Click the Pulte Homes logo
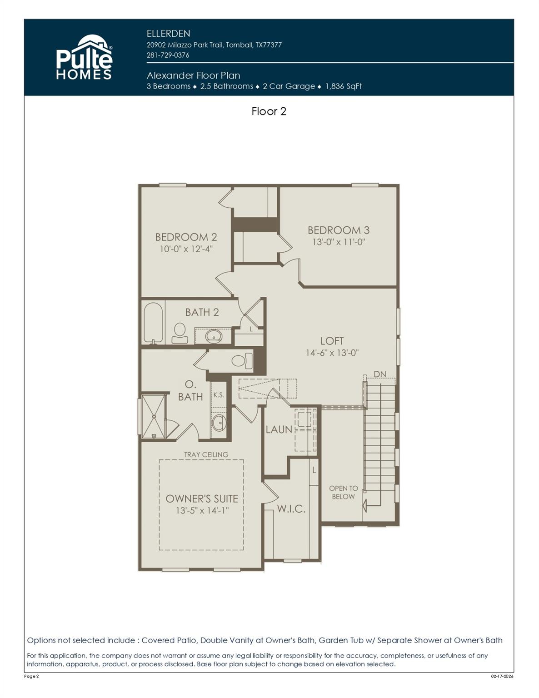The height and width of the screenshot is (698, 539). (84, 58)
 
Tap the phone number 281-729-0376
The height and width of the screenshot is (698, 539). (168, 55)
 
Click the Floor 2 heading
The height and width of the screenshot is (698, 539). (269, 111)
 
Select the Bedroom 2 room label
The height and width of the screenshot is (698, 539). (186, 237)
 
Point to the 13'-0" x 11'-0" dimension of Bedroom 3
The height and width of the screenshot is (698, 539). (339, 242)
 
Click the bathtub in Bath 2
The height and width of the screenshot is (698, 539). (153, 323)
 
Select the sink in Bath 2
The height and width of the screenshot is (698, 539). (213, 336)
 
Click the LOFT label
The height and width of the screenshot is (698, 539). (332, 341)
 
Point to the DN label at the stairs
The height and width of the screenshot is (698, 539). (380, 374)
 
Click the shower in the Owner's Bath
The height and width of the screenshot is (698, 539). (154, 417)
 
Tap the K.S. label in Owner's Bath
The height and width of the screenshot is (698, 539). (219, 395)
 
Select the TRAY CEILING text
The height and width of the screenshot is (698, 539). (206, 454)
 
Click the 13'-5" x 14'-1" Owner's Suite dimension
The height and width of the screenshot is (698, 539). (202, 510)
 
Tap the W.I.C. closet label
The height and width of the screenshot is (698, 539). (291, 509)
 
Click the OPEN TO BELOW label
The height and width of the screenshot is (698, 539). (343, 492)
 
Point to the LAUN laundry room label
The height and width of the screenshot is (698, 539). (279, 429)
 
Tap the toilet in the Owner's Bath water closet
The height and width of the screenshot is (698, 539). (241, 361)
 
